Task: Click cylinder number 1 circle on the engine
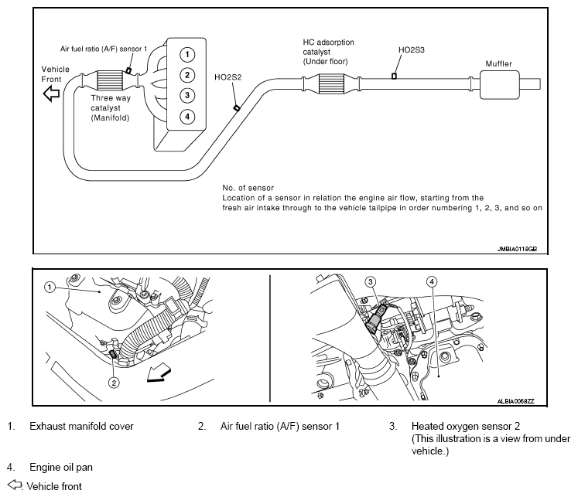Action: point(187,55)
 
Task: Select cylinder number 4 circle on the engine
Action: point(187,117)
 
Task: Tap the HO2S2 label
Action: point(227,77)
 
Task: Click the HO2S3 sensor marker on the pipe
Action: point(394,76)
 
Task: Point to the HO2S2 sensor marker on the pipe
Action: point(237,108)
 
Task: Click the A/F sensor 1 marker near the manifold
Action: point(128,70)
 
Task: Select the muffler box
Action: point(500,84)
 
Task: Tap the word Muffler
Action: point(499,63)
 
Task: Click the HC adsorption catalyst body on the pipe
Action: point(331,83)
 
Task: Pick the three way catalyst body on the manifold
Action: point(109,80)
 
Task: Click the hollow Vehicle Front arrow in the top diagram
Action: point(51,94)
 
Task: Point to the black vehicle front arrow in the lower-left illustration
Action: point(159,373)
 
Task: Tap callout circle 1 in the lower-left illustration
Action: point(50,287)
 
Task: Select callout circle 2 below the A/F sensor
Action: point(114,383)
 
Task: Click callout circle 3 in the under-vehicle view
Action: point(371,282)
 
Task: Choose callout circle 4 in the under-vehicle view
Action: point(432,282)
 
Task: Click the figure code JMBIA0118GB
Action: point(517,249)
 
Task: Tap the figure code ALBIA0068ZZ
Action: point(515,401)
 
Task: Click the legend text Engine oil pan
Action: point(61,467)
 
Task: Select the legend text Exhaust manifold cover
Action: point(81,426)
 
